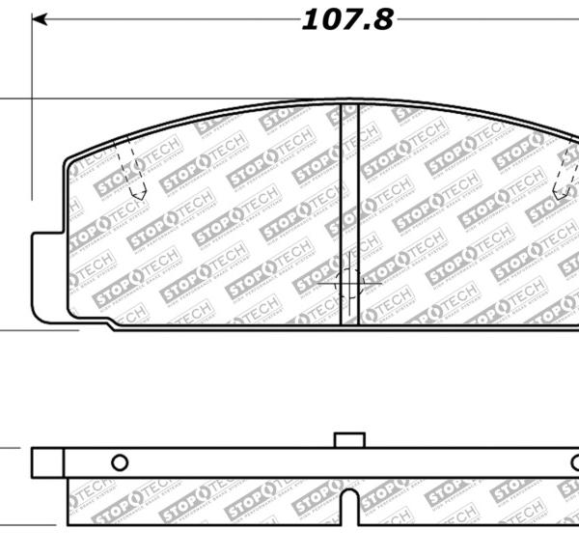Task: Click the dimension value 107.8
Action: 347,19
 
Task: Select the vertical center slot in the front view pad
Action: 350,212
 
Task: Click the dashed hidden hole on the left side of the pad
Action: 129,169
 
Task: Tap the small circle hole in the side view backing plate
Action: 120,461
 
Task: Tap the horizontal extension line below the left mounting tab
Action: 39,330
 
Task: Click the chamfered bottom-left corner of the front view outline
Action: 111,326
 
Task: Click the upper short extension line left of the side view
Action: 10,448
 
